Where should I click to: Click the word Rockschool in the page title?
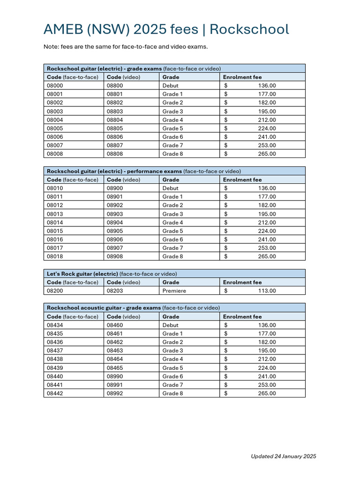pyautogui.click(x=249, y=30)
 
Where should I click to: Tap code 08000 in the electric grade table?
pyautogui.click(x=55, y=86)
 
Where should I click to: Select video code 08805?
pyautogui.click(x=115, y=128)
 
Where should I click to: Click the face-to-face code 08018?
pyautogui.click(x=55, y=256)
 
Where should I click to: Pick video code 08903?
pyautogui.click(x=115, y=214)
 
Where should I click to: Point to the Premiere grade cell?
pyautogui.click(x=174, y=291)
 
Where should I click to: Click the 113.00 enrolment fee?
pyautogui.click(x=267, y=291)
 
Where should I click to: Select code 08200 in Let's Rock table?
pyautogui.click(x=55, y=291)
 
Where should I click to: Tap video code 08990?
pyautogui.click(x=115, y=376)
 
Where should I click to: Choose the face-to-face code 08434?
pyautogui.click(x=55, y=325)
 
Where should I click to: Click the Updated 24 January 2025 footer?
pyautogui.click(x=283, y=456)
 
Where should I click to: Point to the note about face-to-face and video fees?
pyautogui.click(x=125, y=47)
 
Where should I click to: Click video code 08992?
pyautogui.click(x=115, y=393)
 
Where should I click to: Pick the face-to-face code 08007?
pyautogui.click(x=55, y=145)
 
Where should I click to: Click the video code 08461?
pyautogui.click(x=115, y=334)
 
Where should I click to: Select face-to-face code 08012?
pyautogui.click(x=55, y=205)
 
